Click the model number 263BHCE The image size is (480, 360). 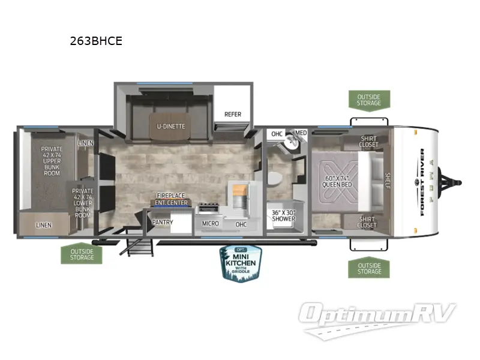[x=96, y=41]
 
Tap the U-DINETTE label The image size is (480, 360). [x=172, y=126]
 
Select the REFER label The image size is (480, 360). [x=233, y=114]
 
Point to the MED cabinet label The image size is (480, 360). [x=301, y=133]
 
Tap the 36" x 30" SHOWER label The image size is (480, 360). [x=284, y=215]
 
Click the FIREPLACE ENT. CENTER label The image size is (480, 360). [x=171, y=198]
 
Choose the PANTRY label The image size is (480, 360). [x=163, y=223]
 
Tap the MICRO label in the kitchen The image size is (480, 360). [x=210, y=224]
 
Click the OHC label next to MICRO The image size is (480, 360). [x=241, y=224]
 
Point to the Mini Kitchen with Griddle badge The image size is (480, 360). [x=239, y=263]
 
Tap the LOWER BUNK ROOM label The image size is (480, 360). [x=82, y=203]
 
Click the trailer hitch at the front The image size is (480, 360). [x=452, y=180]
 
